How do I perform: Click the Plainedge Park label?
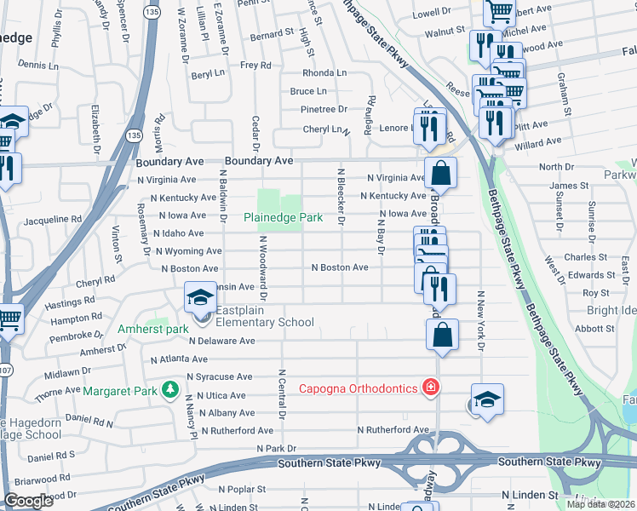283,218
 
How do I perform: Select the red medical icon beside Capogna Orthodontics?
431,388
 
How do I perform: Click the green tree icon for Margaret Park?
171,390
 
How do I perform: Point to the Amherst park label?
154,329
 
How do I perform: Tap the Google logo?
29,501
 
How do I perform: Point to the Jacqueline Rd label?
53,219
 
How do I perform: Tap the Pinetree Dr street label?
324,109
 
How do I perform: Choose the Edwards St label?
592,274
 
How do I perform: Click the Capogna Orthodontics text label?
358,389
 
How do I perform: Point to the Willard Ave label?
538,142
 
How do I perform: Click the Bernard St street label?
272,35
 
